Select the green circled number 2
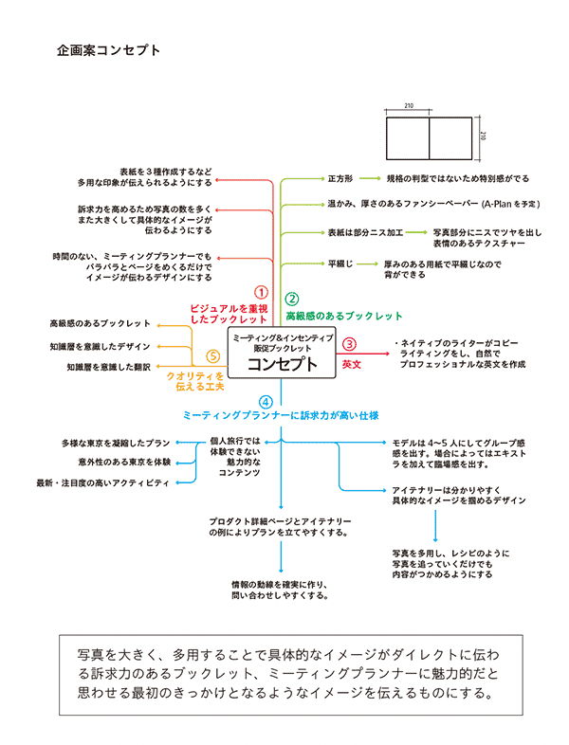[293, 298]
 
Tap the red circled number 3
[349, 346]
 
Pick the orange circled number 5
[213, 356]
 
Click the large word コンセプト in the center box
[283, 365]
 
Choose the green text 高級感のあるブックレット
[344, 316]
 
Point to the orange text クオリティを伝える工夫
[195, 382]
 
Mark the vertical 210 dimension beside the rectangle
[483, 136]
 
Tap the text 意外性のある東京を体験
[124, 462]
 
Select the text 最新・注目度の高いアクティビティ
[102, 482]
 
